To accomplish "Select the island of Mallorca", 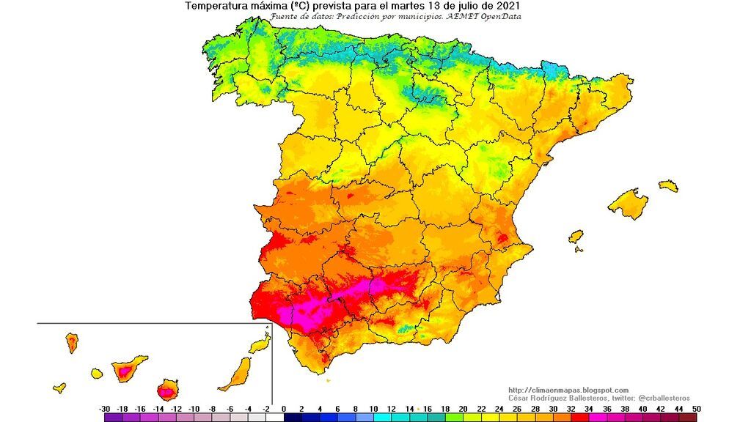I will tap(629, 204).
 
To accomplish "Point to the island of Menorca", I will tap(668, 186).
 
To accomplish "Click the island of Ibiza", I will tap(576, 237).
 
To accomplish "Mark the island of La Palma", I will tap(73, 342).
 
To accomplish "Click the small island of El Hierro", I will tap(59, 388).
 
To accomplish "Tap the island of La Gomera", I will tap(97, 374).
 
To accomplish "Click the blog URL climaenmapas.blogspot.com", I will tap(568, 390).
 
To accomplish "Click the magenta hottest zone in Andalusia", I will tap(315, 308).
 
